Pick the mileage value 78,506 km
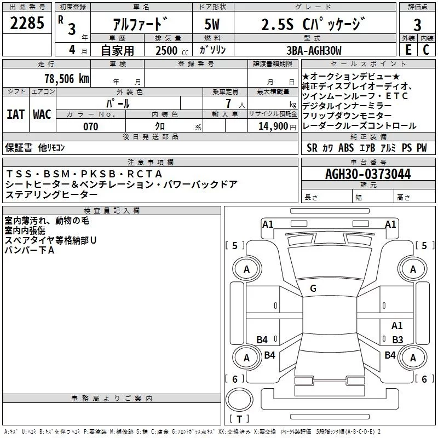tap(65, 78)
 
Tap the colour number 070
tap(91, 126)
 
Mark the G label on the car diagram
tap(313, 289)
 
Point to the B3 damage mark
tap(397, 339)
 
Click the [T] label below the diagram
tap(238, 419)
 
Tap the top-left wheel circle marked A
tap(246, 269)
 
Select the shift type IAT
tap(15, 114)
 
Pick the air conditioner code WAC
tap(42, 114)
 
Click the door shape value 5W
tap(214, 24)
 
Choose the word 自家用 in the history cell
tap(117, 51)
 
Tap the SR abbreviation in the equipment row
tap(312, 147)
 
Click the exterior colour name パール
tap(118, 103)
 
